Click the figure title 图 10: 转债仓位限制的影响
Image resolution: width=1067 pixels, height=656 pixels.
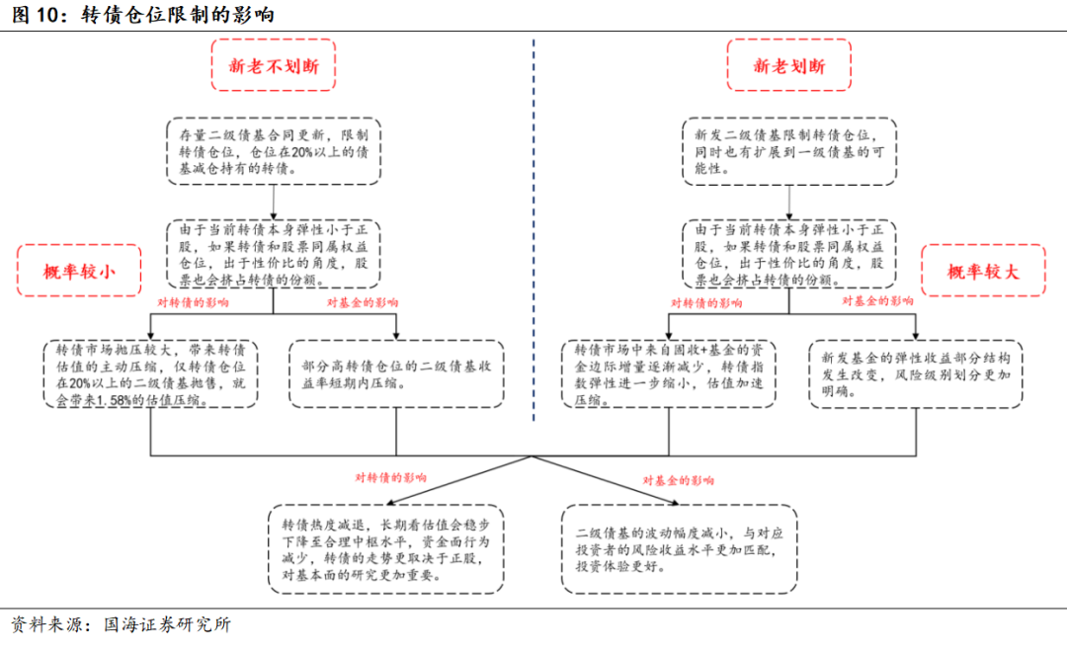tap(143, 14)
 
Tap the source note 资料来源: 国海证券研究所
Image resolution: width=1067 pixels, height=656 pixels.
tap(122, 624)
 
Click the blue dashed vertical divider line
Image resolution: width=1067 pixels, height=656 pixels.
tap(533, 230)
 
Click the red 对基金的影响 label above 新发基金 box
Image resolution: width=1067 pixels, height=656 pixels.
tap(877, 300)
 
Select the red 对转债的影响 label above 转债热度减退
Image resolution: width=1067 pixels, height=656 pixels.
tap(390, 478)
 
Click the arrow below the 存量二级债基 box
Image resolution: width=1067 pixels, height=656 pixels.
tap(274, 202)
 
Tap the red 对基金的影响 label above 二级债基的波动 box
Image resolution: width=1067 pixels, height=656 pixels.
tap(679, 480)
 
